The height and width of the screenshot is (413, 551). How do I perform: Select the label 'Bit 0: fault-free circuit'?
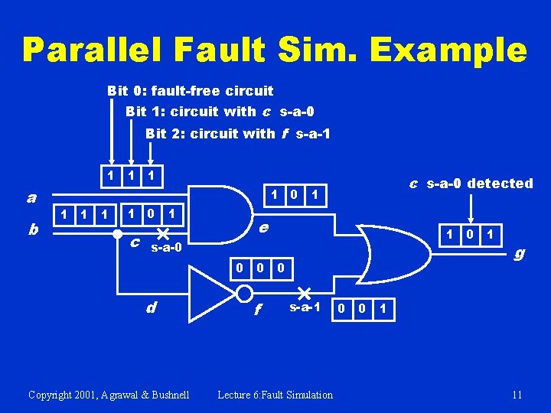(x=190, y=90)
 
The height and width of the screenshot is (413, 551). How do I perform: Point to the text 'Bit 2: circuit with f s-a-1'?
(x=237, y=133)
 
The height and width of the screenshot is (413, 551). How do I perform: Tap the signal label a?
(x=31, y=197)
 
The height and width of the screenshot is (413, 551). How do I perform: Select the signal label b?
(x=32, y=229)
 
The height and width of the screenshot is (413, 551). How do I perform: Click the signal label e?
(x=263, y=227)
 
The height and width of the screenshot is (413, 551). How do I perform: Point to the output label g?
(x=520, y=252)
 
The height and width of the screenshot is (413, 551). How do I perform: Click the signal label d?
(x=152, y=307)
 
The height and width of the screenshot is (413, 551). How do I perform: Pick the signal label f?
(x=258, y=309)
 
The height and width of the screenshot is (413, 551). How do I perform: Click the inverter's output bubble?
(x=244, y=294)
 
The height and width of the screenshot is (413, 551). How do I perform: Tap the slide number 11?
(x=517, y=395)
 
